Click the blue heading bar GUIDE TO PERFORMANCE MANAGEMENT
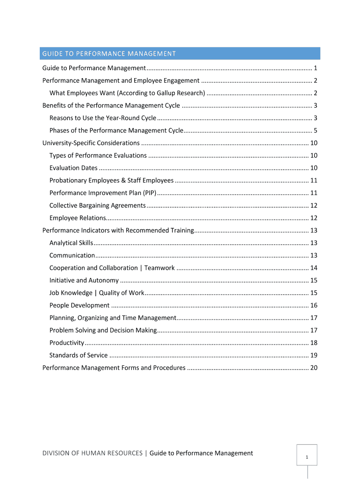tap(180, 53)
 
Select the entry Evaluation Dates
tap(73, 168)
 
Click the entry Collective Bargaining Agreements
tap(98, 205)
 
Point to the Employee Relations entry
tap(78, 218)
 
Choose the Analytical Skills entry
tap(71, 243)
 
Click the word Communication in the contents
tap(72, 255)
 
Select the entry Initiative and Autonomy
tap(84, 280)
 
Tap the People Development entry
tap(79, 305)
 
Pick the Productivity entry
tap(67, 343)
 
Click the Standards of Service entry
tap(79, 355)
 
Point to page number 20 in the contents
tap(314, 368)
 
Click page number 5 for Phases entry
tap(316, 131)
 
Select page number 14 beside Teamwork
tap(314, 268)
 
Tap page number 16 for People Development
tap(314, 305)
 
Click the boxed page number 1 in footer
tap(307, 457)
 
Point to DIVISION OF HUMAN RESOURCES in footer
tap(92, 453)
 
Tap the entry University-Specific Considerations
tap(91, 143)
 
